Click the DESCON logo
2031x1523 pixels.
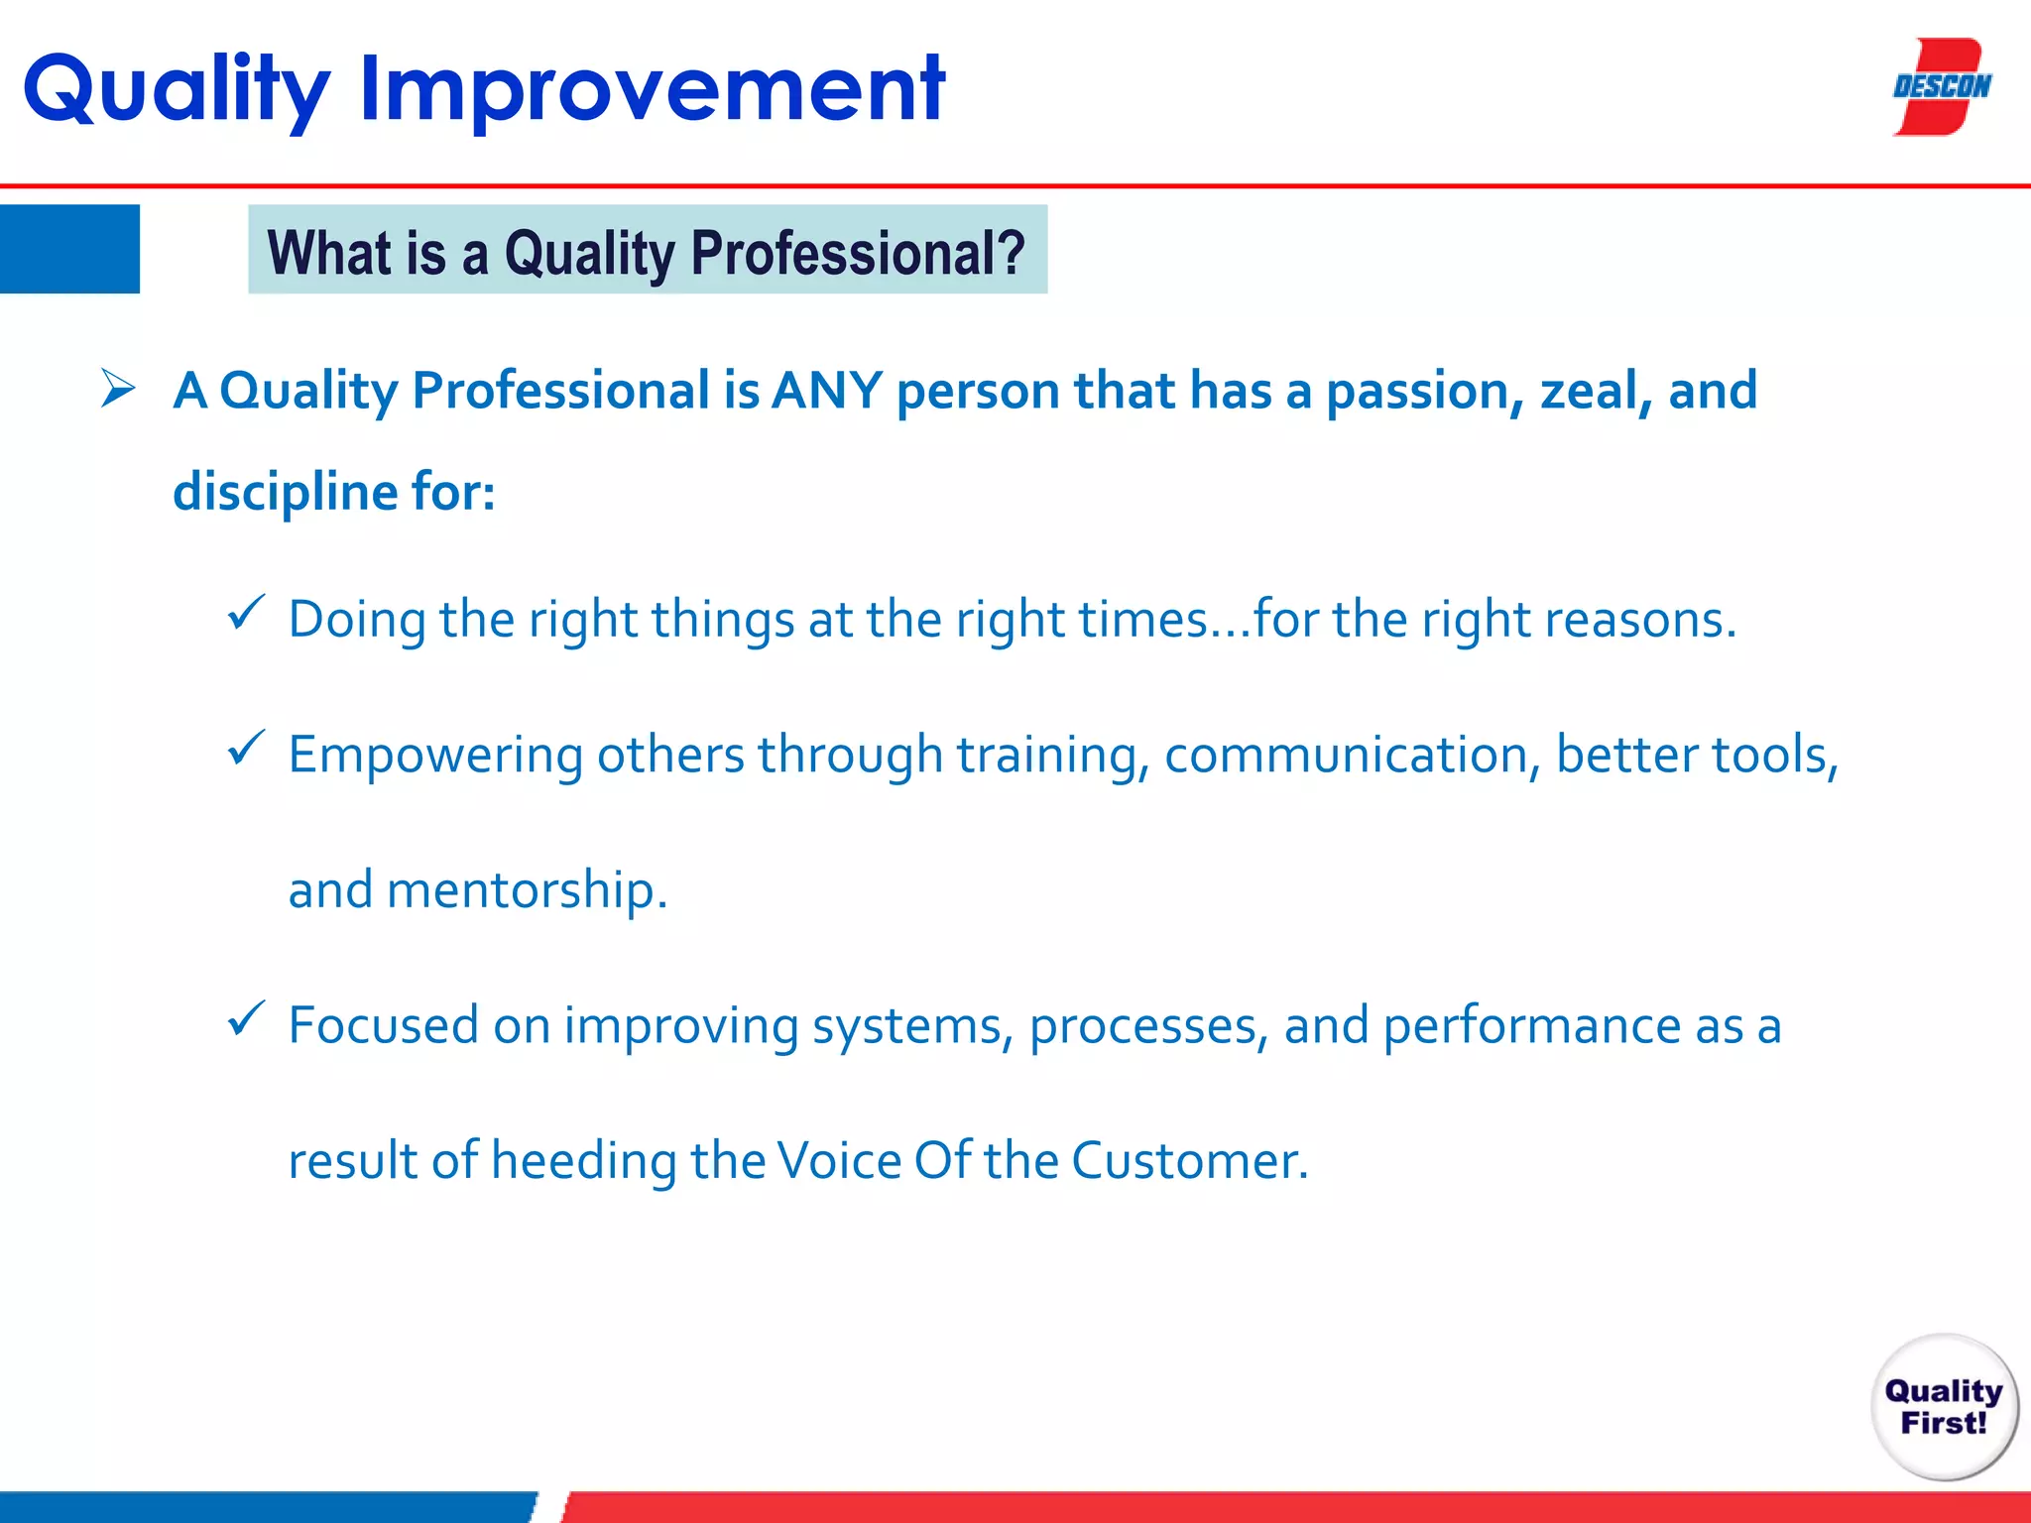click(x=1941, y=87)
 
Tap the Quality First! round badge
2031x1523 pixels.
click(x=1944, y=1407)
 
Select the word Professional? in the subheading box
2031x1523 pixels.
click(x=858, y=253)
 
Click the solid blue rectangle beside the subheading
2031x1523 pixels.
click(x=69, y=249)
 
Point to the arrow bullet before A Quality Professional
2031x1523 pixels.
click(x=118, y=389)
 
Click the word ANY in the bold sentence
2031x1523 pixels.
click(x=827, y=390)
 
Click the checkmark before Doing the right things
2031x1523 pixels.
click(x=246, y=612)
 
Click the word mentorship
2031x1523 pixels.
click(x=527, y=889)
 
